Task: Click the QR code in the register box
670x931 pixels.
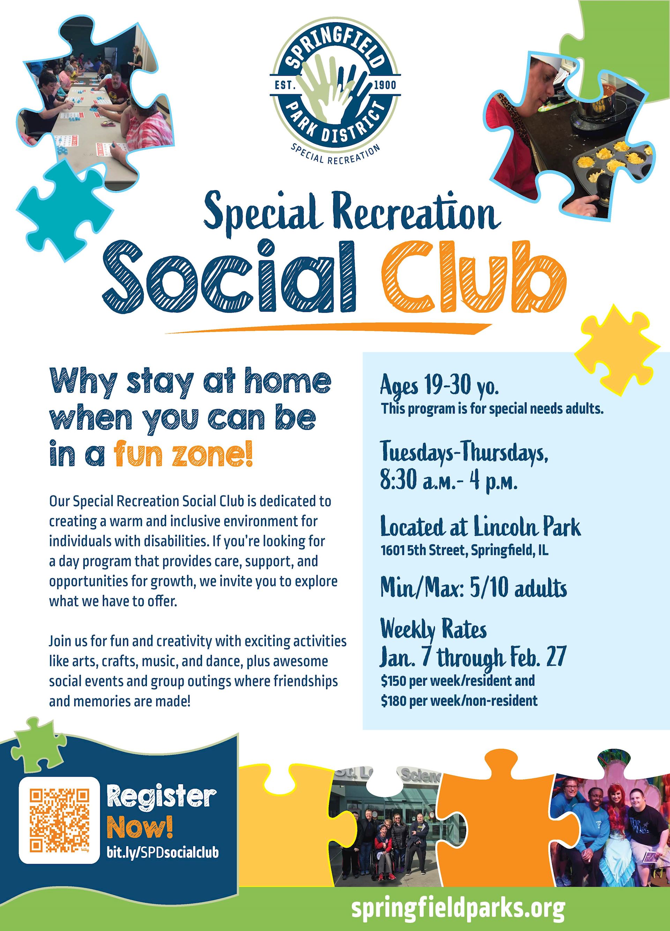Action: [59, 820]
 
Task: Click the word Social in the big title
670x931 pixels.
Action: [228, 275]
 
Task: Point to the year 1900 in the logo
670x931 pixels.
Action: [385, 85]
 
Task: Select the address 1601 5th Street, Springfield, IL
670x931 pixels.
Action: [464, 550]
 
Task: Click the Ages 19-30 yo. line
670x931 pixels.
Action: [440, 386]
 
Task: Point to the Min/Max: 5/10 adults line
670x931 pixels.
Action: [473, 589]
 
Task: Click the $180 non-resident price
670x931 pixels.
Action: [459, 700]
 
